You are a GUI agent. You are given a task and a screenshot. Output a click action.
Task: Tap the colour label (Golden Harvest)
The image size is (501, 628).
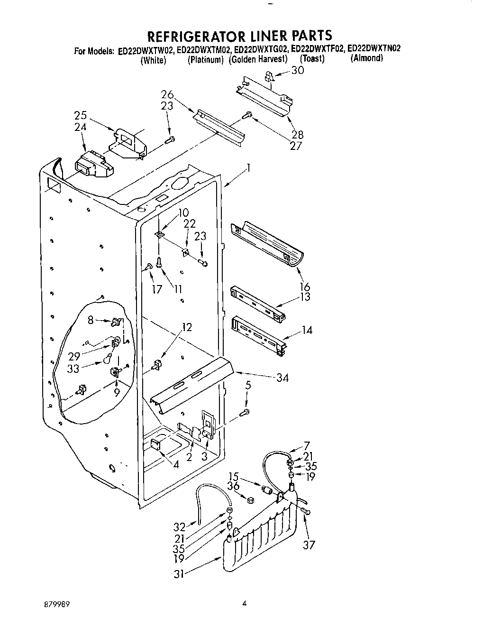(x=258, y=59)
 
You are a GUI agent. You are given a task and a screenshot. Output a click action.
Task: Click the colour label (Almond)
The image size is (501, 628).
(x=366, y=59)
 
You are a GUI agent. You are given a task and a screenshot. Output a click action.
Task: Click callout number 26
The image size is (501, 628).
(x=167, y=95)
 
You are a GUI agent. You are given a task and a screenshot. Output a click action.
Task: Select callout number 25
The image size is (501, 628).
(x=80, y=115)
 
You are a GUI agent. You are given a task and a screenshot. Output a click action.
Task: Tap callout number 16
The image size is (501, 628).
(x=305, y=286)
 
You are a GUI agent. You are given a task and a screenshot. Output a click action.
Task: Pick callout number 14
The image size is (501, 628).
(x=307, y=330)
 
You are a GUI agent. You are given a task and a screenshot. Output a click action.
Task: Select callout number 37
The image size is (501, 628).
(x=309, y=545)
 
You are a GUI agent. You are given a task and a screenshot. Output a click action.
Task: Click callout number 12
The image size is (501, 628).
(x=187, y=327)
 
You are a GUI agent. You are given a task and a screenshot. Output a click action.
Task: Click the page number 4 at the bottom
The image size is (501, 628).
(x=245, y=604)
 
